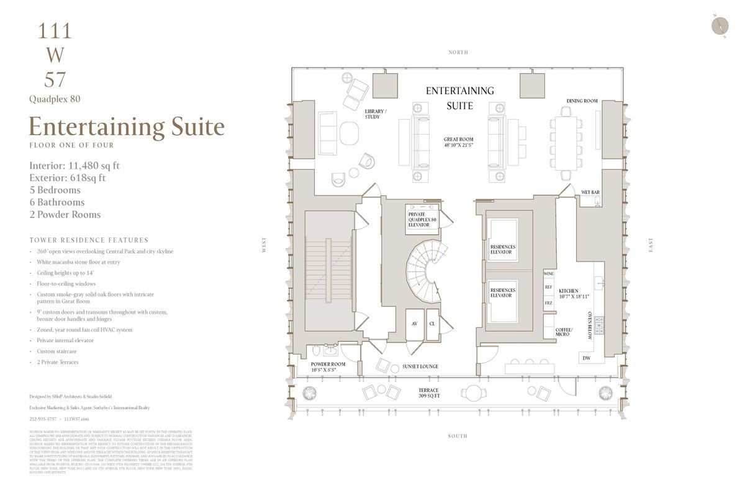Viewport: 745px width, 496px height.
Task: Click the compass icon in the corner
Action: pyautogui.click(x=721, y=25)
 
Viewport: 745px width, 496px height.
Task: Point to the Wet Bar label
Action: pyautogui.click(x=590, y=193)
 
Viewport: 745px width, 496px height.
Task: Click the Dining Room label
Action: pyautogui.click(x=582, y=101)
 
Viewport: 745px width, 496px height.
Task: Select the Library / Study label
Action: pyautogui.click(x=376, y=114)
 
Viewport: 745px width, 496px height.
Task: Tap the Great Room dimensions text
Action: pyautogui.click(x=459, y=144)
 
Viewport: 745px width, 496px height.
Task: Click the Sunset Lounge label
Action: pyautogui.click(x=420, y=366)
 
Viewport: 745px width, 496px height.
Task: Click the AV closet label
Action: pyautogui.click(x=414, y=324)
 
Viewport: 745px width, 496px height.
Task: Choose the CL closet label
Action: pyautogui.click(x=432, y=324)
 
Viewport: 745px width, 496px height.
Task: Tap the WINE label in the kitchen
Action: pyautogui.click(x=548, y=273)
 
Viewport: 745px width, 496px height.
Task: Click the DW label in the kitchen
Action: pyautogui.click(x=586, y=358)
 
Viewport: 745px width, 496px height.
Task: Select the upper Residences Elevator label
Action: pyautogui.click(x=502, y=250)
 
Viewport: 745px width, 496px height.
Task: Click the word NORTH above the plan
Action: pyautogui.click(x=458, y=53)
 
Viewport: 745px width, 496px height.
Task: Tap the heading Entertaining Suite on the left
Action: pyautogui.click(x=127, y=126)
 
